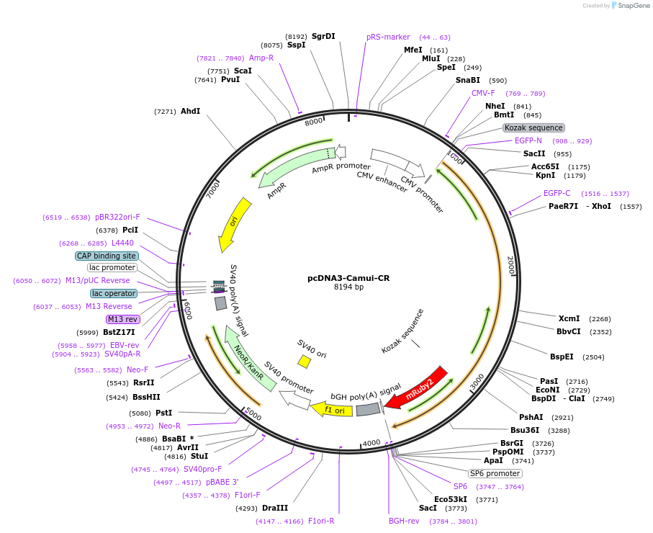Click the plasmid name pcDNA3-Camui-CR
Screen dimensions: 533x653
coord(348,277)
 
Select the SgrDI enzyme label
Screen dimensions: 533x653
coord(323,36)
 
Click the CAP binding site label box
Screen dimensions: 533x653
coord(107,256)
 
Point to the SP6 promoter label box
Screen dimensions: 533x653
coord(495,473)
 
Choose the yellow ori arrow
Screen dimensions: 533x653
coord(235,223)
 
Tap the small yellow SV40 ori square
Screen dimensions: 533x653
coord(305,361)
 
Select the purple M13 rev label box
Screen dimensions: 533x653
coord(122,319)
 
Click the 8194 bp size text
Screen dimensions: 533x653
coord(348,287)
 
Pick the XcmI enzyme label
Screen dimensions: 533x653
coord(569,318)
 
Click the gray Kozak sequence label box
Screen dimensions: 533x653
coord(533,127)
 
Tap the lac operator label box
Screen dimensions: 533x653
coord(113,293)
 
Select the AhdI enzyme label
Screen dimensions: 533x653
coord(190,111)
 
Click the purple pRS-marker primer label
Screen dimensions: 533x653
coord(387,37)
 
